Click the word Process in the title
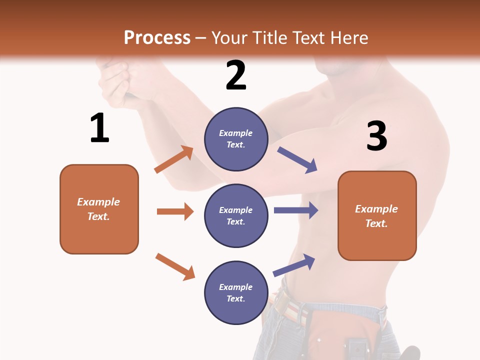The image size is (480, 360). tap(157, 38)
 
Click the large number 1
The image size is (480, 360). tap(99, 128)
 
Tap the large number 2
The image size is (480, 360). tap(236, 75)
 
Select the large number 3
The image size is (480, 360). tap(376, 136)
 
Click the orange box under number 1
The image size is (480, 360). tap(99, 209)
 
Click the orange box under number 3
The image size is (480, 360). tap(377, 215)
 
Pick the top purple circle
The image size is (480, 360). tap(236, 139)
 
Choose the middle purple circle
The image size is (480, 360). tap(236, 215)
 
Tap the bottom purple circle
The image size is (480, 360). tap(236, 292)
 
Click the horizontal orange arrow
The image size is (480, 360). tap(175, 211)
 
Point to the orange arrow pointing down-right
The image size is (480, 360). tap(175, 266)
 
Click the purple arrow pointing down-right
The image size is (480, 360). tap(297, 160)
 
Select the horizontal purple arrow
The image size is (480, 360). tap(296, 210)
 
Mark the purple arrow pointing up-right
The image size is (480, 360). tap(294, 265)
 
